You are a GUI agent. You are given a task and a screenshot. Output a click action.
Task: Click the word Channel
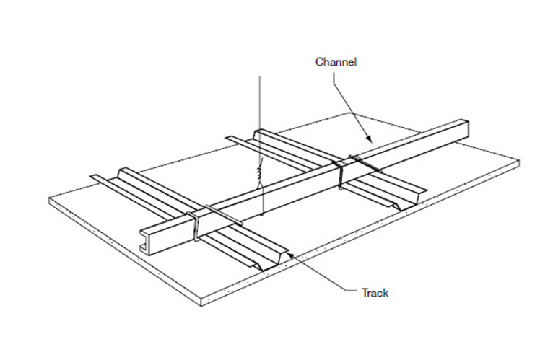pos(336,62)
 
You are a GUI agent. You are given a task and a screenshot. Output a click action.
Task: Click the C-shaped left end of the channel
pos(148,240)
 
